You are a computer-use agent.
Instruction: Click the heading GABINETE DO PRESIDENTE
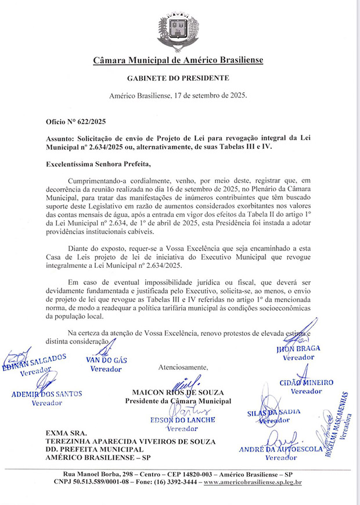pyautogui.click(x=179, y=78)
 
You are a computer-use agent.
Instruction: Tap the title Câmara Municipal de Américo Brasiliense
pyautogui.click(x=179, y=60)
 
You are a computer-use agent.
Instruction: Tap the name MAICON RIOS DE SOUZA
pyautogui.click(x=178, y=393)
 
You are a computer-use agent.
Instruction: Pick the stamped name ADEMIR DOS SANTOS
pyautogui.click(x=47, y=394)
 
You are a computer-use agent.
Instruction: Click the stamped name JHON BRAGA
pyautogui.click(x=298, y=349)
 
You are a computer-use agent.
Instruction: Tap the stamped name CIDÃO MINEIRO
pyautogui.click(x=306, y=383)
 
